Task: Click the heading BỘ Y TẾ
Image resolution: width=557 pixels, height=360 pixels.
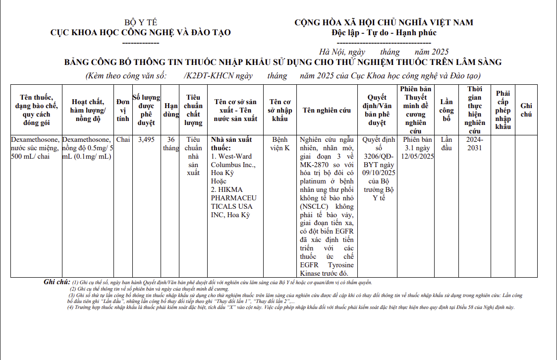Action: point(140,22)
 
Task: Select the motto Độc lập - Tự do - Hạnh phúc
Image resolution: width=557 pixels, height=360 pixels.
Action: point(384,33)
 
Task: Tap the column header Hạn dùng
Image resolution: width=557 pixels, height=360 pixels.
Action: point(171,110)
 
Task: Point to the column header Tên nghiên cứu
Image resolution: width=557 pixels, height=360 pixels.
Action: point(327,110)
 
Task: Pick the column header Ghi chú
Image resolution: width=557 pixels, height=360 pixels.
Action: point(526,110)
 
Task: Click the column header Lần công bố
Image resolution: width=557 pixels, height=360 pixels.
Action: point(446,110)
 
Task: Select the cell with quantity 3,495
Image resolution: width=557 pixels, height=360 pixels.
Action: point(147,140)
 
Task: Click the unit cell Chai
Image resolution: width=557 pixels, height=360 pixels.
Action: point(123,140)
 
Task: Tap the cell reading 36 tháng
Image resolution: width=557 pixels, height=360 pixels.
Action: point(171,144)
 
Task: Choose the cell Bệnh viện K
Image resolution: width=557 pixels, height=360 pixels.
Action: point(280,144)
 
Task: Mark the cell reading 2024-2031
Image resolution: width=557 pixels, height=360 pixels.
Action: point(475,144)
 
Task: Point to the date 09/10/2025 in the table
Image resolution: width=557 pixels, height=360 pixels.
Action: point(379,173)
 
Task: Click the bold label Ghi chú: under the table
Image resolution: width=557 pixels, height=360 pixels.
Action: point(57,282)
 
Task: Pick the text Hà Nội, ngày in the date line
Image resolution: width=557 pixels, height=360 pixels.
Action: point(342,52)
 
